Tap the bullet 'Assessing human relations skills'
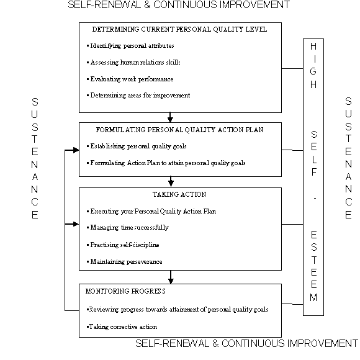135,62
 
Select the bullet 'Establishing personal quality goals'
138,146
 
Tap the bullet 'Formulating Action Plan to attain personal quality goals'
167,163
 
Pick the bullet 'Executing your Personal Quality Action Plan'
152,211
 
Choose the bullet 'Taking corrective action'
122,326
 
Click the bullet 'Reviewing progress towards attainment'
178,309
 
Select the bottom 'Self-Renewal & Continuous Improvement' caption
246,343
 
